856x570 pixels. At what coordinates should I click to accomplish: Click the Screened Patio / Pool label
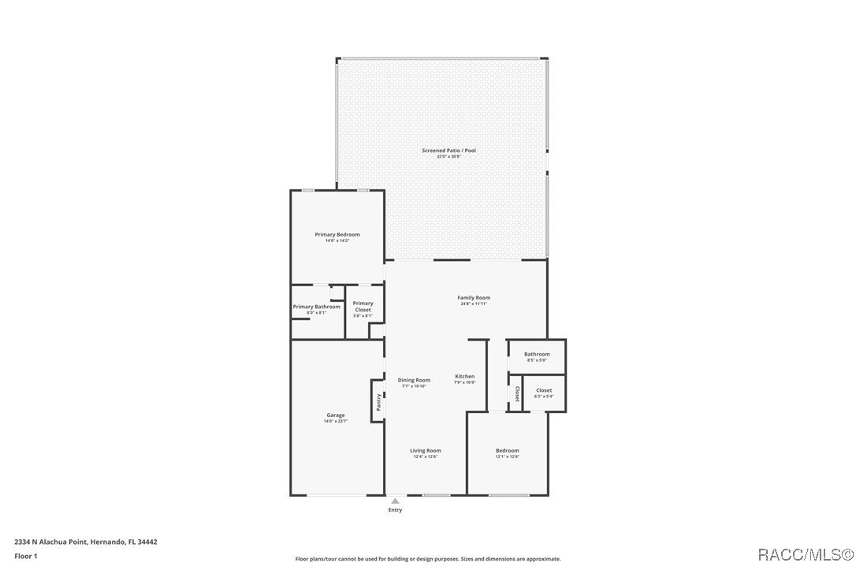[x=448, y=150]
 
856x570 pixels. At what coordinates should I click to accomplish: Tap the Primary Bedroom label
[x=337, y=234]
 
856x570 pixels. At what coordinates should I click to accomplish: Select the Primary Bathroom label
[x=316, y=307]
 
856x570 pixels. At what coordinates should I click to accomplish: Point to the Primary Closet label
[x=363, y=307]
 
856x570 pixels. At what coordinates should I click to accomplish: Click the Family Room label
[x=474, y=297]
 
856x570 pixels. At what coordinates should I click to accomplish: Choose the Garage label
[x=336, y=415]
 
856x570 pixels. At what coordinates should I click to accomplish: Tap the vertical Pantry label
[x=379, y=401]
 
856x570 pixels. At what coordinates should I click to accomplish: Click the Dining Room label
[x=414, y=380]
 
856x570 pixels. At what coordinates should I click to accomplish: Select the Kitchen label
[x=465, y=377]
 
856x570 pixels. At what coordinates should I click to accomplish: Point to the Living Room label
[x=425, y=450]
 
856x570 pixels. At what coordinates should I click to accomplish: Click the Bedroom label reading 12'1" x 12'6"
[x=507, y=450]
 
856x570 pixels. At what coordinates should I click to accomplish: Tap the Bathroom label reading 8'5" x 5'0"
[x=537, y=354]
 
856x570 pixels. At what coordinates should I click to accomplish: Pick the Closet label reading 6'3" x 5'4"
[x=544, y=390]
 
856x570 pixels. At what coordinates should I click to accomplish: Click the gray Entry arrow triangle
[x=395, y=500]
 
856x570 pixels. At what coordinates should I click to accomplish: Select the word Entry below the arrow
[x=395, y=510]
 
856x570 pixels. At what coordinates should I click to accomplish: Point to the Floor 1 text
[x=25, y=556]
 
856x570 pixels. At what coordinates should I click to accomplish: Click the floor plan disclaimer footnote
[x=427, y=559]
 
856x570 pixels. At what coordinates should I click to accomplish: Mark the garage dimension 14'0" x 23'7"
[x=336, y=421]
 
